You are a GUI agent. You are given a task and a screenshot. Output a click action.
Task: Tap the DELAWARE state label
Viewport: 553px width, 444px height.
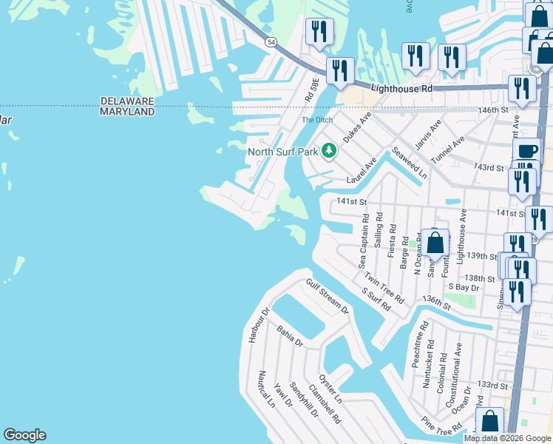coord(127,101)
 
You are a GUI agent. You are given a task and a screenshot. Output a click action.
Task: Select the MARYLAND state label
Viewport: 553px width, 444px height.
coord(127,112)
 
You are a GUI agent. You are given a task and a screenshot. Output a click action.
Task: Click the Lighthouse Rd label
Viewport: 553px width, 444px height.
coord(401,88)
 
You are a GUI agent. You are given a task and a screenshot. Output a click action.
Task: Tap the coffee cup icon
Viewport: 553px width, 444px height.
coord(527,151)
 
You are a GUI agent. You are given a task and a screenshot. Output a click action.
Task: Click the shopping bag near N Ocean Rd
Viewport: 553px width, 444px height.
coord(436,242)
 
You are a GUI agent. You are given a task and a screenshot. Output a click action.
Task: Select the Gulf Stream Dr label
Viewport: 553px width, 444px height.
coord(327,296)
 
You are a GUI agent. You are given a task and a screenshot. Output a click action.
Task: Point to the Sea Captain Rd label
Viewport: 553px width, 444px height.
coord(363,242)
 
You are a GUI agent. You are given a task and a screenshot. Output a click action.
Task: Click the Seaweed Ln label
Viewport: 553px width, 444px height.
coord(410,162)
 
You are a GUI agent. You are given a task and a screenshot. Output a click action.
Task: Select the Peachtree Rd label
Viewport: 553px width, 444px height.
coord(419,345)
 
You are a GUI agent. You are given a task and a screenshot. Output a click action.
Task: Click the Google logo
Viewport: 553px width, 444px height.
coord(24,435)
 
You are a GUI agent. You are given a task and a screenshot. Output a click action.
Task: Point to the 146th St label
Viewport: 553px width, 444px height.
coord(494,110)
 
